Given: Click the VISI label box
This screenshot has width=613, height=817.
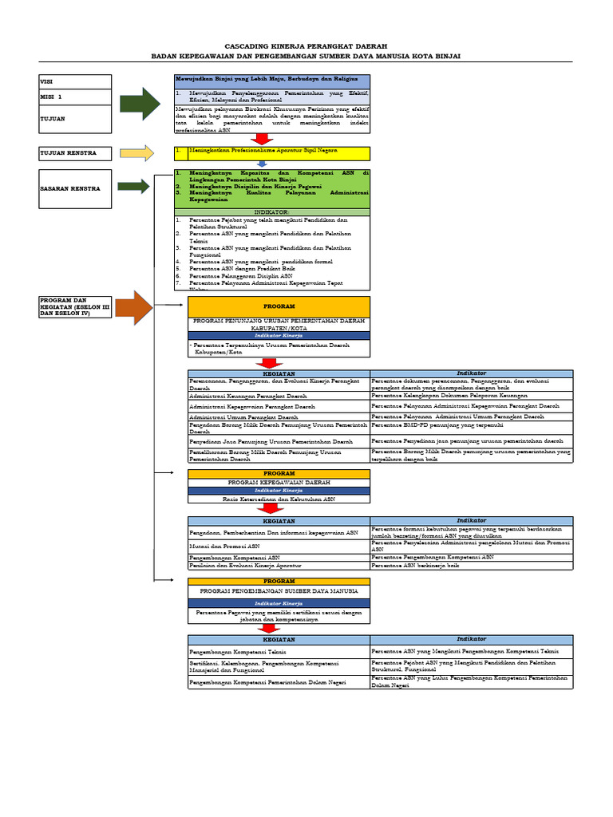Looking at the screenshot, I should pyautogui.click(x=75, y=81).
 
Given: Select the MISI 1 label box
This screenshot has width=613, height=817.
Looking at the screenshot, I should pyautogui.click(x=75, y=97).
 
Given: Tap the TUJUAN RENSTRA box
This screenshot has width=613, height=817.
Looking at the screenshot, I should pyautogui.click(x=75, y=153).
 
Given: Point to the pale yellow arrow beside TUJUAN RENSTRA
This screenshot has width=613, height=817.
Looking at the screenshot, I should pyautogui.click(x=136, y=153).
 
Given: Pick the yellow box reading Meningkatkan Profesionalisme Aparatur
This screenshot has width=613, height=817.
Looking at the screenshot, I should pyautogui.click(x=271, y=152).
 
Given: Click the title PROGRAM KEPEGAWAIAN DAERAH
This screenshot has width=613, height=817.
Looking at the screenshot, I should pyautogui.click(x=279, y=483).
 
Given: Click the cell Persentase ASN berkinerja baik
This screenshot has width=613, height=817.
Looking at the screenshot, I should pyautogui.click(x=472, y=566).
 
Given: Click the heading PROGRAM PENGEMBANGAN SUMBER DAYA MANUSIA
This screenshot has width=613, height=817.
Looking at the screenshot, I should pyautogui.click(x=279, y=592).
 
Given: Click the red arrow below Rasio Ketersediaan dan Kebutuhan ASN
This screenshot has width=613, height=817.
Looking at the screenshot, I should pyautogui.click(x=272, y=508).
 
